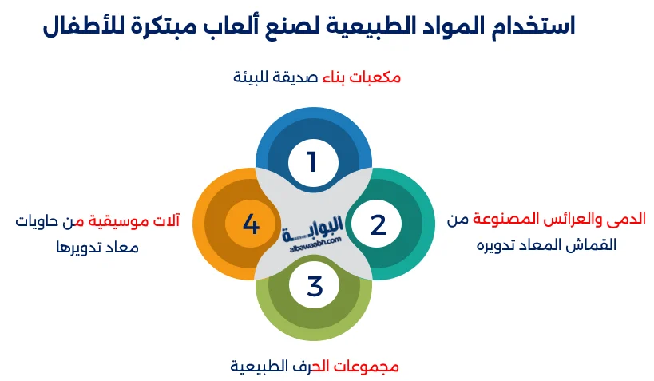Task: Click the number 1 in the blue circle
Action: click(x=312, y=162)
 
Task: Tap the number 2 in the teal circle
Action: click(x=379, y=225)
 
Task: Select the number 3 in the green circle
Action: click(x=315, y=286)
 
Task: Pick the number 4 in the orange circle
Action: click(x=251, y=224)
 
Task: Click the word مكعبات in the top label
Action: click(x=375, y=77)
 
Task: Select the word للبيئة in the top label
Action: click(x=252, y=77)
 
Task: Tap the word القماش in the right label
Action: click(x=596, y=245)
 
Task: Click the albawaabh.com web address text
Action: click(x=315, y=245)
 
